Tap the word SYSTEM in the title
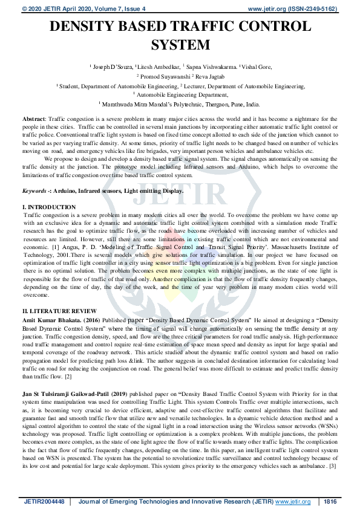(180, 45)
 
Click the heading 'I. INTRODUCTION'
(48, 207)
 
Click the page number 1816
(330, 502)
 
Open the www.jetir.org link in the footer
(293, 502)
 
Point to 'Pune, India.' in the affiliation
(244, 104)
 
